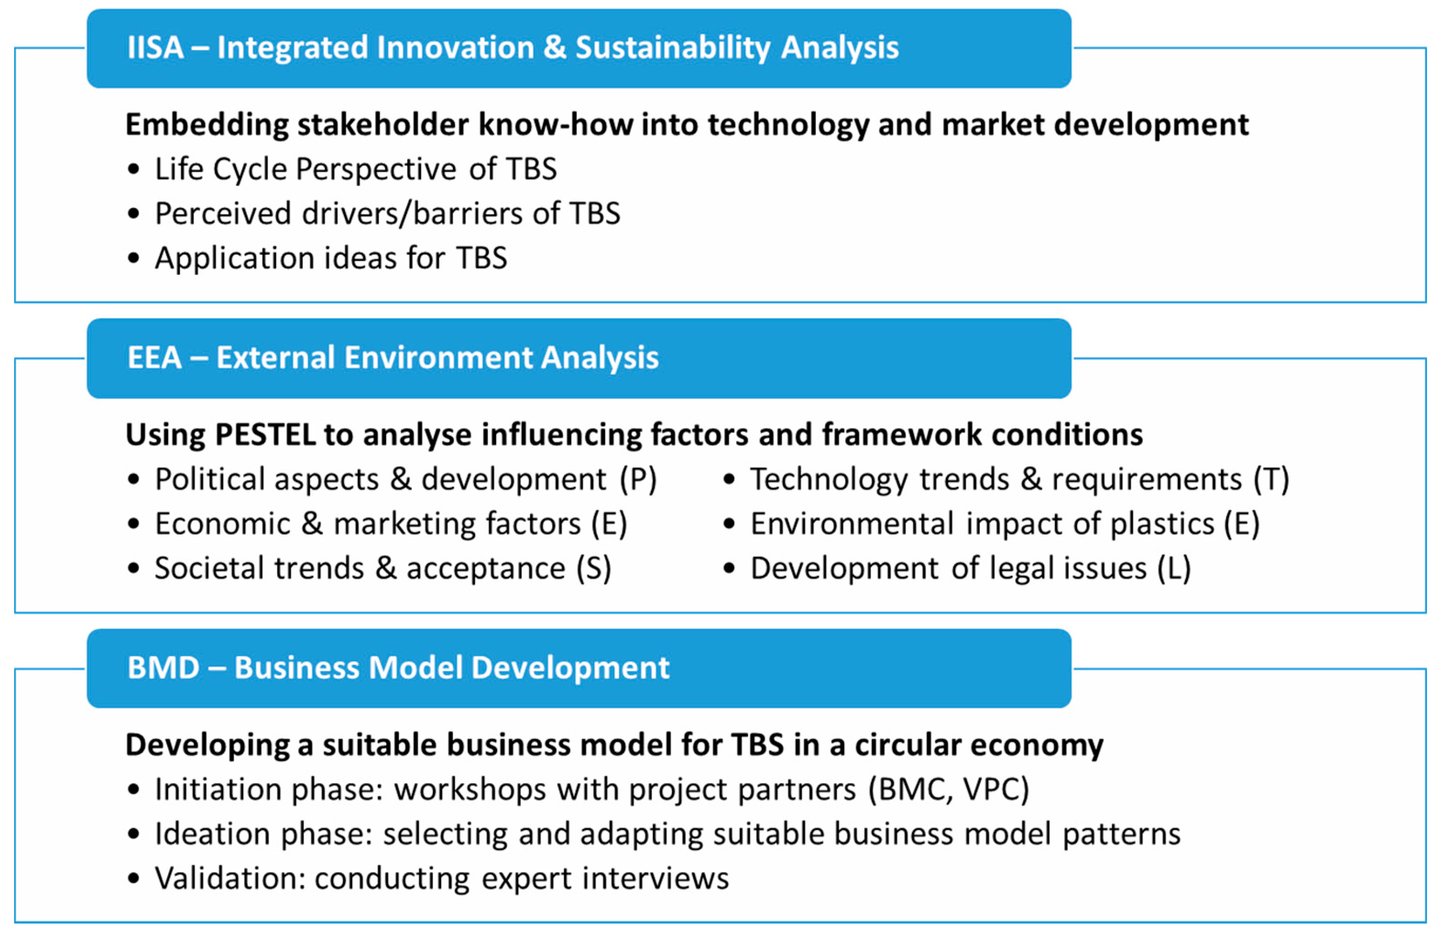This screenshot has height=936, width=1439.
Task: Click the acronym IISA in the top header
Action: click(x=155, y=48)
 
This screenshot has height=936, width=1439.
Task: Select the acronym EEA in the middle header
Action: click(x=154, y=357)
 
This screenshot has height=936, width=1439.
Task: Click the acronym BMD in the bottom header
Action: click(x=163, y=668)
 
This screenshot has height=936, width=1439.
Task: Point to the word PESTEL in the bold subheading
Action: click(x=265, y=435)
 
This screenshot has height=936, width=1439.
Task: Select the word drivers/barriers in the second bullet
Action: click(x=412, y=213)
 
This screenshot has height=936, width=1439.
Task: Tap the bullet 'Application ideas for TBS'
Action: click(x=331, y=258)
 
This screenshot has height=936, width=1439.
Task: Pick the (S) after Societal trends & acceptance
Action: click(x=594, y=569)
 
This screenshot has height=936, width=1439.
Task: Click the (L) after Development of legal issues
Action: click(x=1174, y=569)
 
